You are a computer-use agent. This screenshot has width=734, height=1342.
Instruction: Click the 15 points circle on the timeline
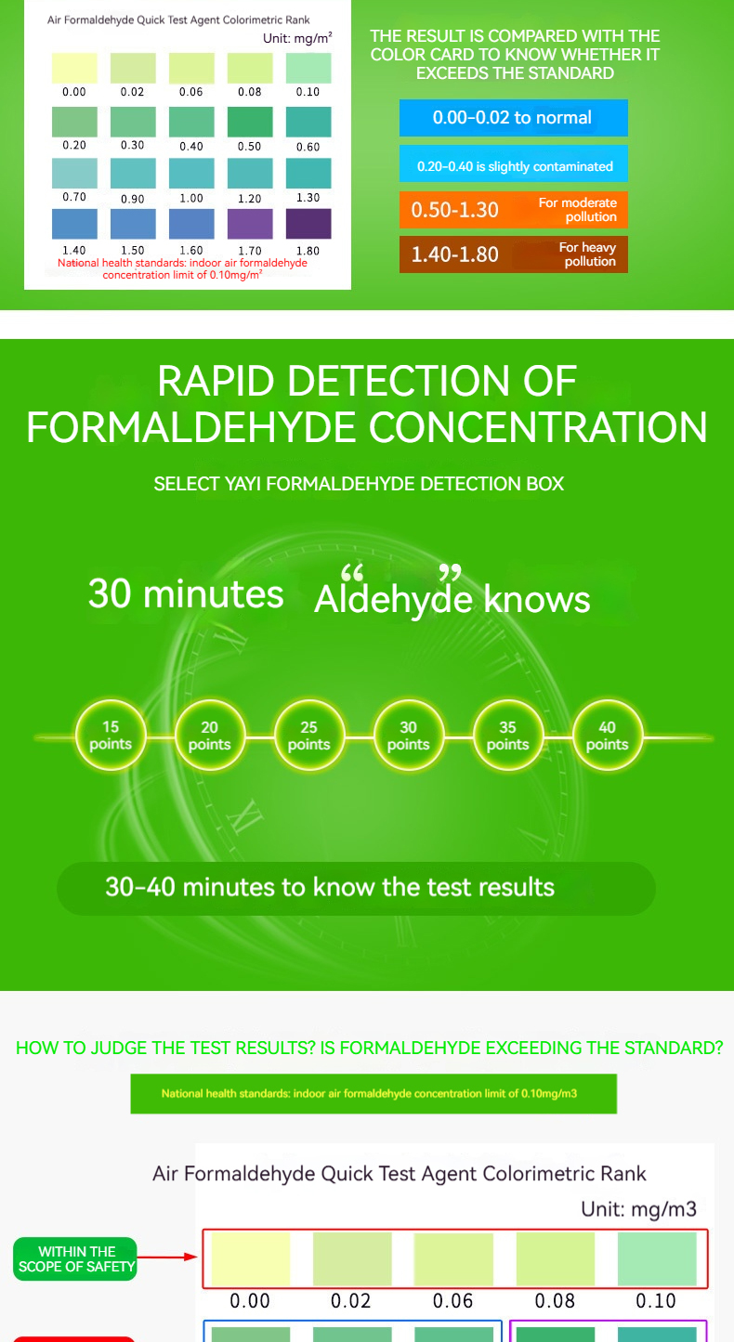(x=111, y=736)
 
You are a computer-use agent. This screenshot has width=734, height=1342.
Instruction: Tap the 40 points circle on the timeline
(x=608, y=736)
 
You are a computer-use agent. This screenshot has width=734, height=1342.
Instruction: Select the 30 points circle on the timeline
(x=409, y=736)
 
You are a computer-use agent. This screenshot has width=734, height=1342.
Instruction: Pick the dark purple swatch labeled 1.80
(x=308, y=224)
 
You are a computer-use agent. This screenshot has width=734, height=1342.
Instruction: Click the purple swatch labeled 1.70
(x=250, y=224)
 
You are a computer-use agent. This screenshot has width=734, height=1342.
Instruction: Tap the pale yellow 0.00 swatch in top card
(x=74, y=68)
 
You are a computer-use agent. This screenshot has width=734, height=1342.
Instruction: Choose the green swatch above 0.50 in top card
(x=250, y=122)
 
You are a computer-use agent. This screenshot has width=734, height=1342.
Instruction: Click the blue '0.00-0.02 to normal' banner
(x=514, y=117)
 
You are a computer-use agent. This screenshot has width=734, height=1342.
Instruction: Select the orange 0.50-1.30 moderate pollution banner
(x=514, y=210)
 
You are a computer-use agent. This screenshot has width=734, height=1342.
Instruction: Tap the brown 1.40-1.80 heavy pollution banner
(x=514, y=254)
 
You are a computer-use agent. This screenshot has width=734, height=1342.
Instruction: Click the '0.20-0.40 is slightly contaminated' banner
(x=514, y=163)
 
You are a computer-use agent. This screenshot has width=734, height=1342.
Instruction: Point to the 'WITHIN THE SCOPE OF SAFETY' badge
(x=75, y=1258)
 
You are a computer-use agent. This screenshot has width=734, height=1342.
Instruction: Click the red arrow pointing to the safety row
(x=167, y=1257)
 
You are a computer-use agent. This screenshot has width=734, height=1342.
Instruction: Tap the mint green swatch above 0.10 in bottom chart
(x=657, y=1258)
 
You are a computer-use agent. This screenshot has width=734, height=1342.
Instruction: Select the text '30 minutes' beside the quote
(x=186, y=593)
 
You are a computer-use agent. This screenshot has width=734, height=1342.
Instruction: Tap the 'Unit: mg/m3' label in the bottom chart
(x=638, y=1209)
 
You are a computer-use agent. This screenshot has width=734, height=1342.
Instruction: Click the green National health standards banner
(x=374, y=1093)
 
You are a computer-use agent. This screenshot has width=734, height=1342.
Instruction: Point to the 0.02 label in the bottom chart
(x=351, y=1300)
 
